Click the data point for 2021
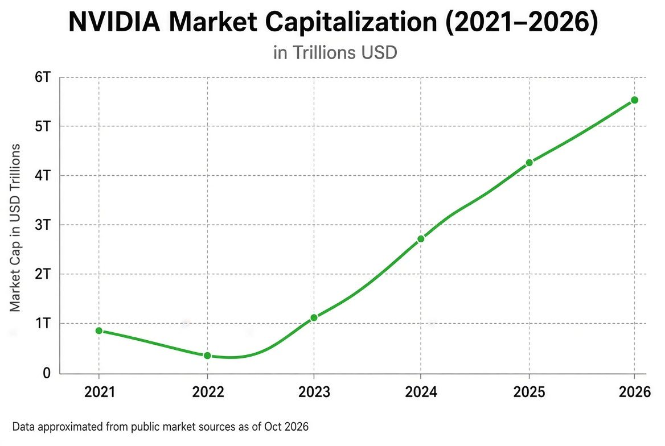coord(99,331)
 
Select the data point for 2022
coord(207,356)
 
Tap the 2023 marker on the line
coord(314,317)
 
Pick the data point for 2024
coord(421,239)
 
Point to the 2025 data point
coord(529,162)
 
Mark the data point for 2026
coord(634,100)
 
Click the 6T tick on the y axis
coord(42,77)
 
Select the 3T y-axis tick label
coord(42,225)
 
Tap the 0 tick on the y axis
coord(46,373)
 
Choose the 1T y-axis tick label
coord(43,324)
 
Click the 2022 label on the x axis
coord(208,392)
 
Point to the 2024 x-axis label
coord(421,392)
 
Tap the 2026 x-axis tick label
coord(634,392)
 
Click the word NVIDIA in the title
coord(114,22)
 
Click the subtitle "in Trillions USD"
coord(335,52)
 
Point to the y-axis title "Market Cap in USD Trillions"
coord(15,228)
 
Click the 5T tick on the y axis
coord(42,126)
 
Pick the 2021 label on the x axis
coord(99,392)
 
